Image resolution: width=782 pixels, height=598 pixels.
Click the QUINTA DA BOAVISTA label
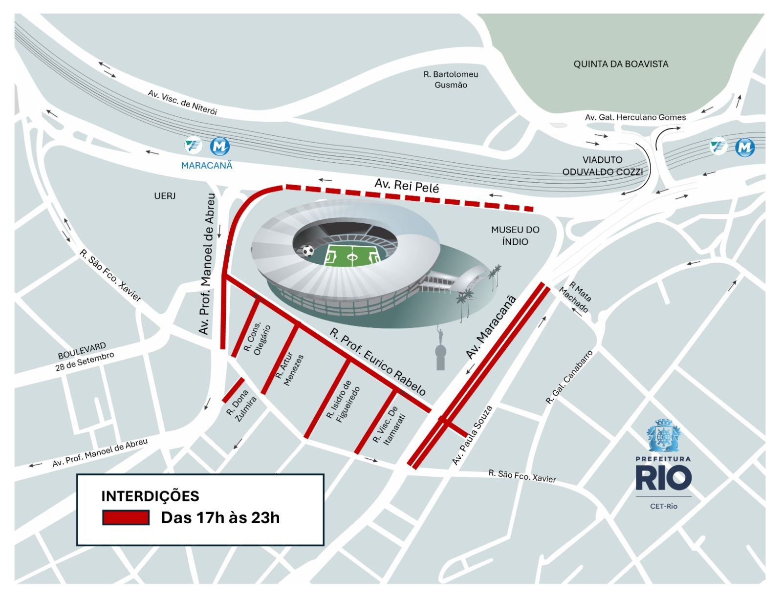coord(621,64)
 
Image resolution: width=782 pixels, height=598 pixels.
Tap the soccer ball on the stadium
coord(308,251)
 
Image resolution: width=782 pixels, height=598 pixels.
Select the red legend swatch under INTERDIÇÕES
coord(126,517)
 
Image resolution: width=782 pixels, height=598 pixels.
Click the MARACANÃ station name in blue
coord(207,166)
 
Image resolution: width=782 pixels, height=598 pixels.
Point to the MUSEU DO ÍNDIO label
coord(515,235)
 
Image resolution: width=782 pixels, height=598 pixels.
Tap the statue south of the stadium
coord(440,349)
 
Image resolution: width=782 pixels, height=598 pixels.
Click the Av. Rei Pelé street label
coord(407,186)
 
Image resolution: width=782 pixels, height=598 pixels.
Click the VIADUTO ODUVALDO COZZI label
coord(602,166)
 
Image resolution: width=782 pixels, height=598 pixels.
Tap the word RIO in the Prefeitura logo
coord(663,478)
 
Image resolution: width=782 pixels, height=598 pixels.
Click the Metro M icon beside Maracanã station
coord(220,146)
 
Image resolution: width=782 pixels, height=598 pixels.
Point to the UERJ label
coord(165,196)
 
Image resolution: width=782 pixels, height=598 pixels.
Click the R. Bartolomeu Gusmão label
coord(451,80)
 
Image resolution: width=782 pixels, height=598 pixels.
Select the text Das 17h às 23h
coord(220,517)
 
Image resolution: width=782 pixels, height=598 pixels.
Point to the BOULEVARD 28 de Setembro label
coord(84,357)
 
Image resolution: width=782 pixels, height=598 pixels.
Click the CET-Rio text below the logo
coord(663,506)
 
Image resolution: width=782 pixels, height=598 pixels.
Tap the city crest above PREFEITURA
coord(663,435)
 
